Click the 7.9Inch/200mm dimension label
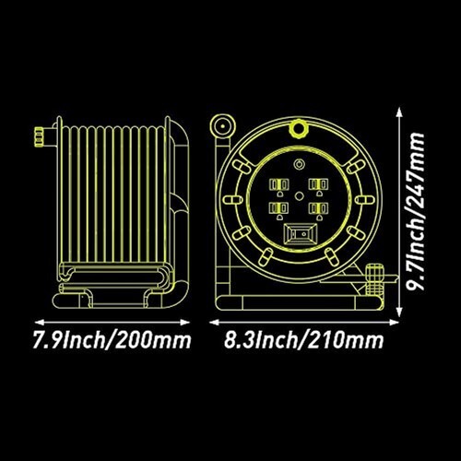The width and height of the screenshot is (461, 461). tap(112, 340)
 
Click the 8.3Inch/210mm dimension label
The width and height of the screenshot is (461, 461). tap(303, 340)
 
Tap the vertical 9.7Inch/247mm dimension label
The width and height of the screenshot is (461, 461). tap(416, 211)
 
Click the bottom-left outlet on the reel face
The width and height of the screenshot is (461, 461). tap(279, 210)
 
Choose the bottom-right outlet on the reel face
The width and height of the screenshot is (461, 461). tap(319, 210)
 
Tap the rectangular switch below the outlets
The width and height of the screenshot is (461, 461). tap(300, 234)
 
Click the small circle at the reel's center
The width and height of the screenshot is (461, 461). tap(299, 195)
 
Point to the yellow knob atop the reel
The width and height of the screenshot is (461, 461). tap(298, 128)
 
